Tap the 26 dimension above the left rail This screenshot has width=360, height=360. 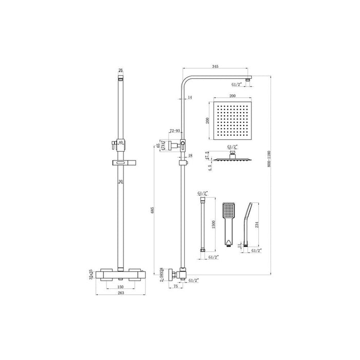point(121,70)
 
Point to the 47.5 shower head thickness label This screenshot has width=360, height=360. point(207,155)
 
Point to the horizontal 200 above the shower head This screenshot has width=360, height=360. point(233,96)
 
